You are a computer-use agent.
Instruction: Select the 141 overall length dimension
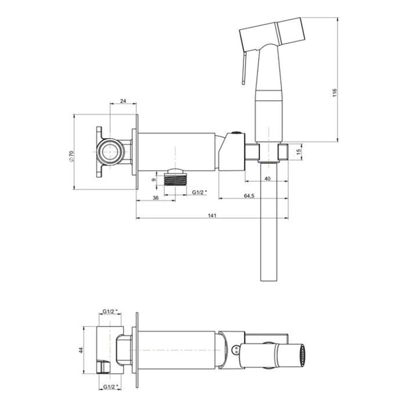(212, 215)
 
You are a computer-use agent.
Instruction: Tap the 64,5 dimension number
(249, 196)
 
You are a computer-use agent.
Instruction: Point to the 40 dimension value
(267, 179)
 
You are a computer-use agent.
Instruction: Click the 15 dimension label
(299, 152)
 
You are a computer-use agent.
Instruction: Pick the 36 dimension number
(155, 198)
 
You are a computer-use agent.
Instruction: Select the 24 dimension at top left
(123, 101)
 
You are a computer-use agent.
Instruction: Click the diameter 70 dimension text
(71, 157)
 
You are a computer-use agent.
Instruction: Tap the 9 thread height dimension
(153, 180)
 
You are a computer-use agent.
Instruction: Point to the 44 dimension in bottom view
(80, 350)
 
